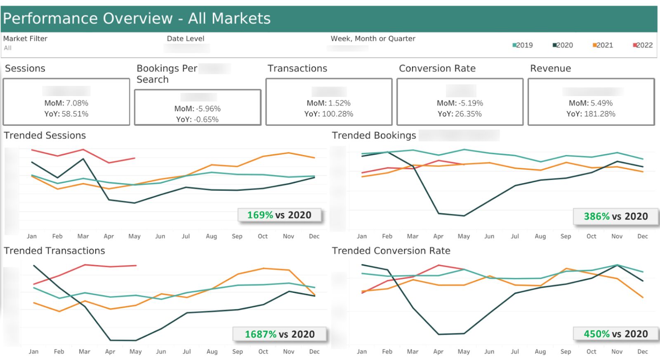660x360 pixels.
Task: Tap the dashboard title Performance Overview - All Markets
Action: (x=137, y=19)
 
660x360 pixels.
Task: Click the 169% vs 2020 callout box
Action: (x=279, y=215)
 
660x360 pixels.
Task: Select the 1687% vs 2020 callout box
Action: (x=280, y=334)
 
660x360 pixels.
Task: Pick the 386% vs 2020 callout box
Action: (x=615, y=216)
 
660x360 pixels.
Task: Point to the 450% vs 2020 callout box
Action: (x=615, y=334)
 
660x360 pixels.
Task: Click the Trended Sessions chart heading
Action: (x=45, y=136)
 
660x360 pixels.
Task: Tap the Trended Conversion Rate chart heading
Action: (x=391, y=251)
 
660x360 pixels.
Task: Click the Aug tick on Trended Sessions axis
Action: (x=211, y=236)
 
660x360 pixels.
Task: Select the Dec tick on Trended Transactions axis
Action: (x=314, y=351)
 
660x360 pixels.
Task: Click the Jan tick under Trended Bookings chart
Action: (x=362, y=236)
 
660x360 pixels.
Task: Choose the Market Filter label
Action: (x=25, y=39)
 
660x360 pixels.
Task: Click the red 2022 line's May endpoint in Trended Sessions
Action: (x=134, y=158)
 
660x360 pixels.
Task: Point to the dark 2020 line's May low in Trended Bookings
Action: (x=464, y=216)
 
